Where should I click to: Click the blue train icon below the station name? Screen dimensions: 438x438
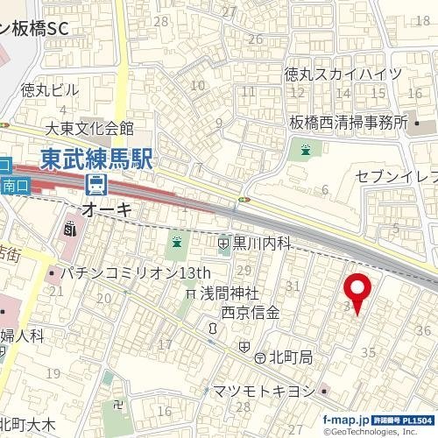point(95,186)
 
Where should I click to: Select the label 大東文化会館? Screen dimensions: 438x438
point(89,130)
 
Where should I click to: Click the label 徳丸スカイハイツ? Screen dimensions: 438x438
point(343,74)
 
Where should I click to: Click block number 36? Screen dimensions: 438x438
point(423,328)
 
